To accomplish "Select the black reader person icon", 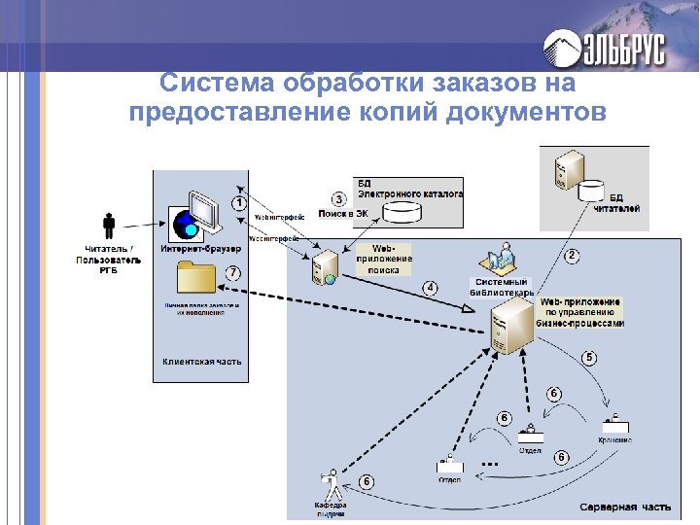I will tap(109, 227).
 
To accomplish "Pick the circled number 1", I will tap(239, 202).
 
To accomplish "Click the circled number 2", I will tap(572, 256).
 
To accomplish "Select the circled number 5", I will tap(589, 358).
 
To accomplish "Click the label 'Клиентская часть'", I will tap(202, 362).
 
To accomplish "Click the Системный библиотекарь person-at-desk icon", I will tap(500, 259).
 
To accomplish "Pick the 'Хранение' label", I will tap(614, 440).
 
